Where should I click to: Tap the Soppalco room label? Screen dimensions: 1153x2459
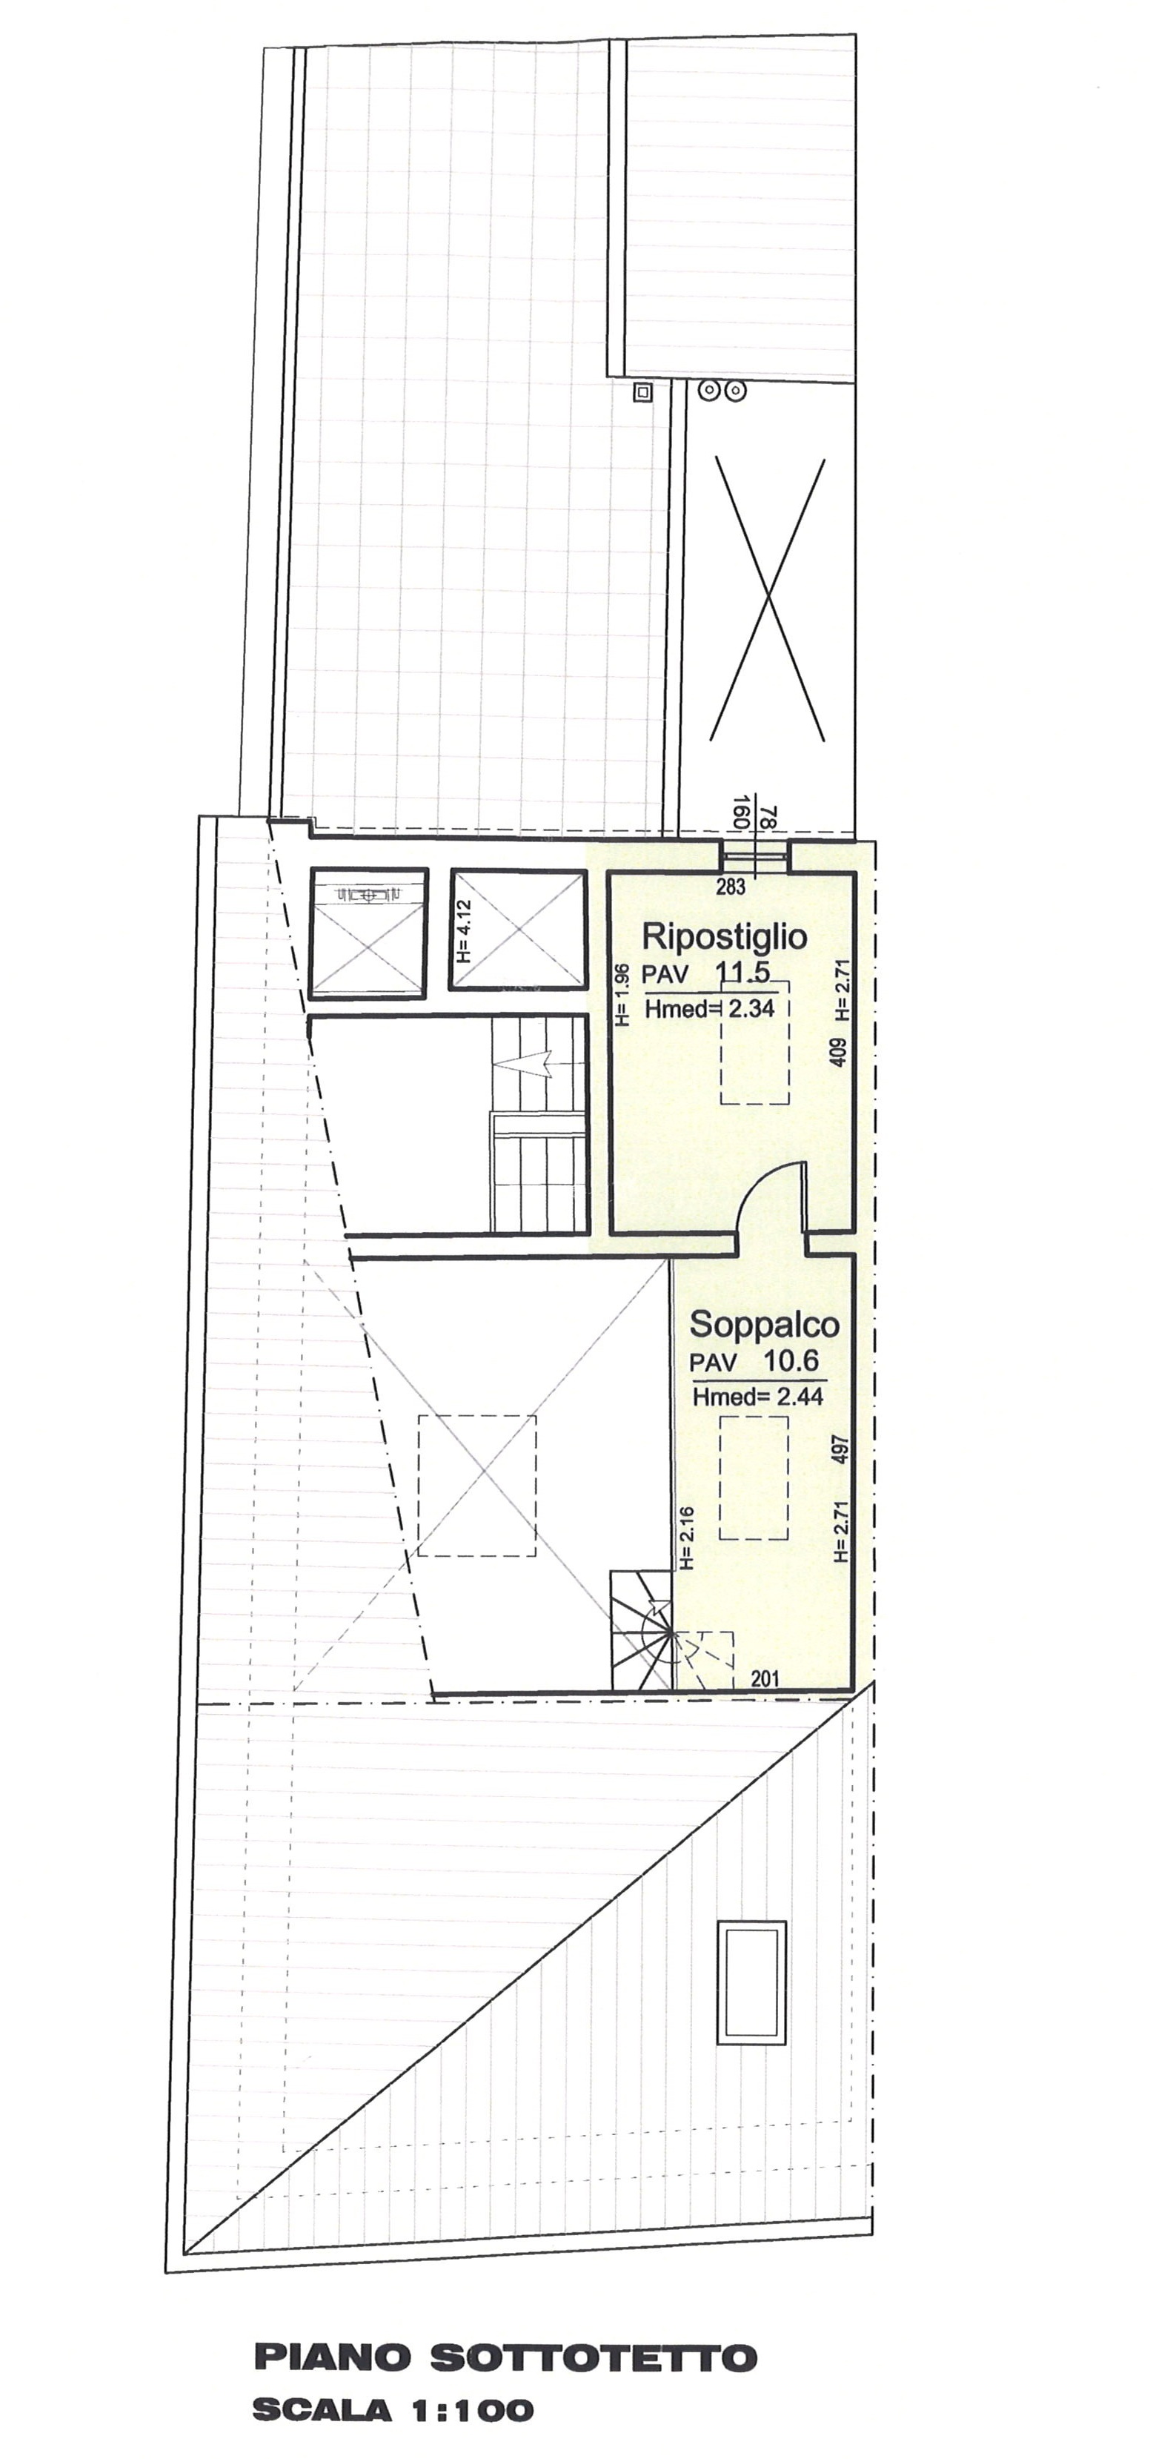click(x=765, y=1324)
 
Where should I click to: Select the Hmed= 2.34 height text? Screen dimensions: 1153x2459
click(x=709, y=1008)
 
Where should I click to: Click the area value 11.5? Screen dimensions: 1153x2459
click(x=742, y=973)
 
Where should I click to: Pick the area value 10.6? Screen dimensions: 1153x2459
click(x=791, y=1360)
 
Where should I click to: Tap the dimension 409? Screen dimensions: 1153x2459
click(x=839, y=1052)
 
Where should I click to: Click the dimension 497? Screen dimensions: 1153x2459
click(x=840, y=1450)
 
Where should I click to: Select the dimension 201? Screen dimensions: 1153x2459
click(x=765, y=1679)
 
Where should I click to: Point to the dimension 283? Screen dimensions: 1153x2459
click(x=730, y=887)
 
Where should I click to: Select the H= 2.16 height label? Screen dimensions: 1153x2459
click(x=685, y=1538)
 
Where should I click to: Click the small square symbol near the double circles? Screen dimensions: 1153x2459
click(x=643, y=391)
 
